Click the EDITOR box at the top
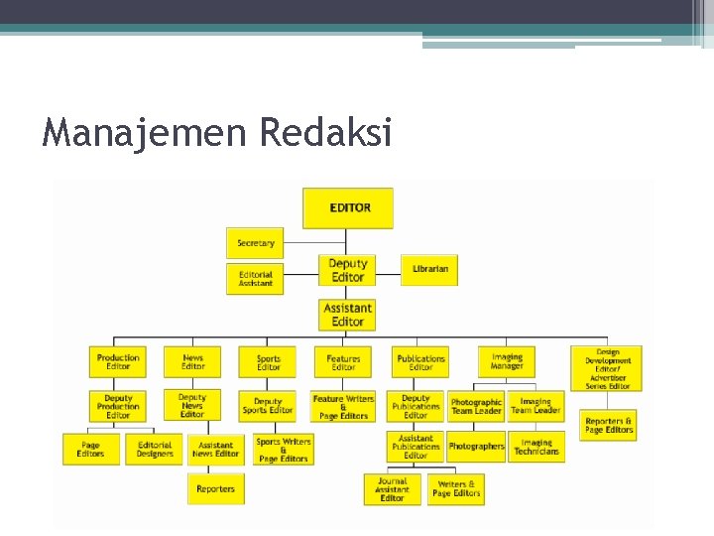click(348, 208)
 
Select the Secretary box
click(255, 243)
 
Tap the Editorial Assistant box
click(255, 279)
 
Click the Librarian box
click(429, 269)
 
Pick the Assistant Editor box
click(348, 315)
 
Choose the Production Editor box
click(118, 361)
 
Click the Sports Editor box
click(268, 362)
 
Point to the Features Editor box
click(343, 362)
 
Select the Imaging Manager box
click(507, 361)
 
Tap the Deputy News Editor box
click(192, 405)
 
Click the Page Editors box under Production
click(90, 450)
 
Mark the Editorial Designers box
click(155, 450)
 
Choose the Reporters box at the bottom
click(215, 488)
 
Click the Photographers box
click(476, 447)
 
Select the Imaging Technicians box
click(536, 447)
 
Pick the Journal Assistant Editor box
click(393, 489)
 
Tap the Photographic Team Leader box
click(476, 406)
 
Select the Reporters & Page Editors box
click(609, 425)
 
